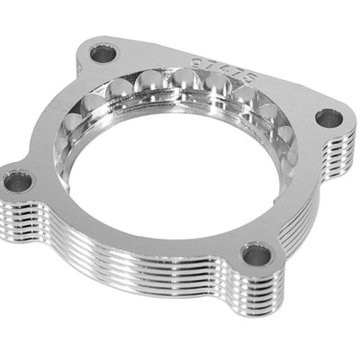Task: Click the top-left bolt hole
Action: tap(103, 54)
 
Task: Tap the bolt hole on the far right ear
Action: tap(328, 118)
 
